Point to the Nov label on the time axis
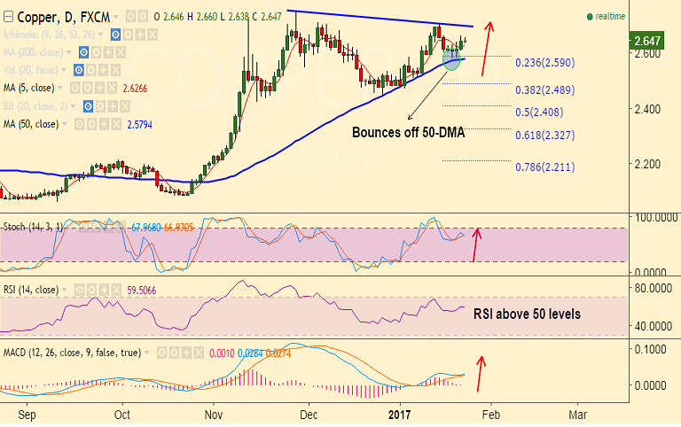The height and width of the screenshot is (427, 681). pyautogui.click(x=214, y=415)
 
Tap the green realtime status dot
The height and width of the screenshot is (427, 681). pyautogui.click(x=589, y=17)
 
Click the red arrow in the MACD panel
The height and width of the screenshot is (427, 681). pyautogui.click(x=481, y=374)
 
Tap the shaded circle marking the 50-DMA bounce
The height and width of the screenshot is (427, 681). pyautogui.click(x=451, y=59)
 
